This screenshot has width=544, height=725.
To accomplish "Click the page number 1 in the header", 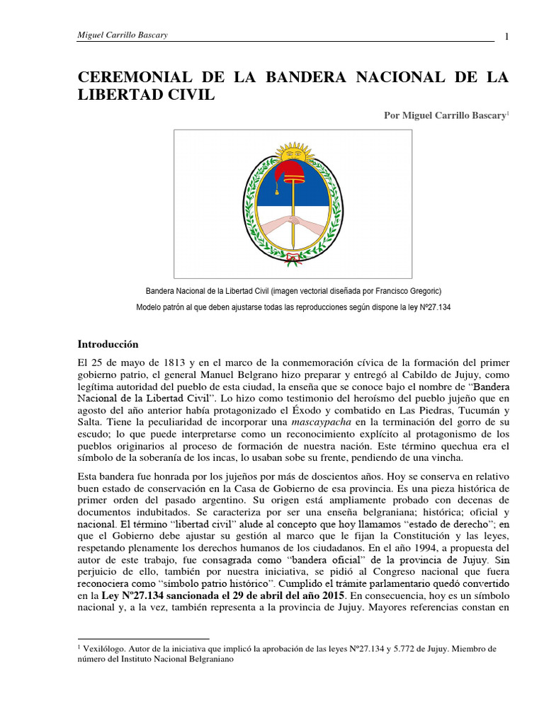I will (507, 37).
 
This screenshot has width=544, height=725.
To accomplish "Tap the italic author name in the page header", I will (122, 35).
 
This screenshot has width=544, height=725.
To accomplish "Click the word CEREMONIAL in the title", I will (130, 76).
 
